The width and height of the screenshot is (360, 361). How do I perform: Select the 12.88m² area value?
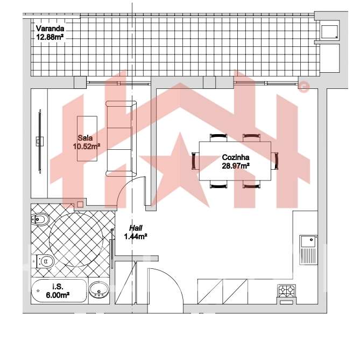[x=51, y=37]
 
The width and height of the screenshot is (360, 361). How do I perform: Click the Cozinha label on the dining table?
[x=236, y=158]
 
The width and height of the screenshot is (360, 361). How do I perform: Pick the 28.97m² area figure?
[x=236, y=166]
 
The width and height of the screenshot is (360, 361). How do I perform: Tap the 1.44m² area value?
[x=136, y=237]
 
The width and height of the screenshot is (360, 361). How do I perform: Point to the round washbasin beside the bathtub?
[x=98, y=290]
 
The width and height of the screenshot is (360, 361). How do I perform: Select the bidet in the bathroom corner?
[x=40, y=219]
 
